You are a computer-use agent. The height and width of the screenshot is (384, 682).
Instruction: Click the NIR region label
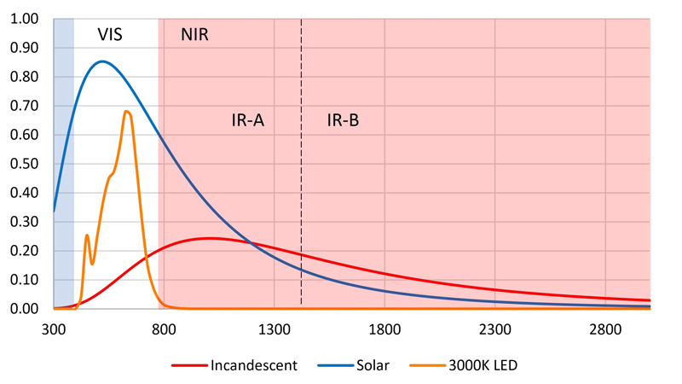[194, 35]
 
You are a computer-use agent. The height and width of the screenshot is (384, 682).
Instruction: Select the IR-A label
[248, 120]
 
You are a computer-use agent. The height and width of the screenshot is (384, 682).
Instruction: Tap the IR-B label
[344, 120]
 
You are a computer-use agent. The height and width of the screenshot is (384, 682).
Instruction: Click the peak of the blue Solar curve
[102, 61]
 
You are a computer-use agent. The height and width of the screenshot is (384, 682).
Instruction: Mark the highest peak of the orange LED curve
[126, 111]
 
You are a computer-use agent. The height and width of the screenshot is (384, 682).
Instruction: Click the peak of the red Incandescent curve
[209, 238]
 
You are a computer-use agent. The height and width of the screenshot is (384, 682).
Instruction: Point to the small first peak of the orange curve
[87, 235]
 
